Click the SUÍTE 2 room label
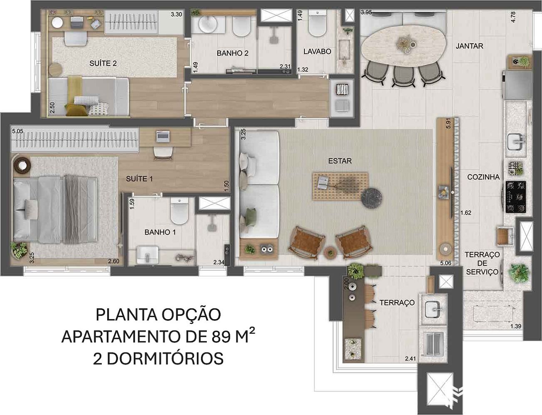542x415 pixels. tap(103, 63)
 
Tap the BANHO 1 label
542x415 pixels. tap(160, 232)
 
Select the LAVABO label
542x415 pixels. tap(317, 52)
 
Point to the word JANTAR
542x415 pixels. tap(469, 46)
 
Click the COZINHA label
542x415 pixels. tap(483, 177)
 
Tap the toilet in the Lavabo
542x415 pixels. tap(317, 24)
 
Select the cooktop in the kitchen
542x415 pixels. tap(516, 197)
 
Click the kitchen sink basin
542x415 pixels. tap(515, 141)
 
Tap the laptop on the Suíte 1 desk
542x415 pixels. tap(163, 136)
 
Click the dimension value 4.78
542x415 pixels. tap(513, 17)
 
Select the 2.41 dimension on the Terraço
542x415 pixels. tap(410, 359)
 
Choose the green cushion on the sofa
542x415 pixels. tap(251, 214)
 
